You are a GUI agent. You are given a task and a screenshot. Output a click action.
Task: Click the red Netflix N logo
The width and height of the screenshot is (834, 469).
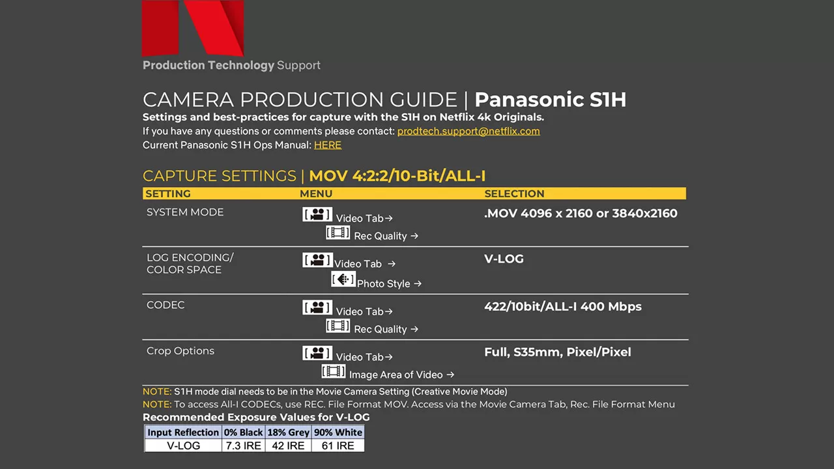(x=193, y=28)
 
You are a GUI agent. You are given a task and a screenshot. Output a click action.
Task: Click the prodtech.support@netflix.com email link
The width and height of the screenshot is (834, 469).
(x=468, y=132)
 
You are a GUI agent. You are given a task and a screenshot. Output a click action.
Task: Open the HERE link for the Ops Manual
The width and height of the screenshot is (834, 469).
(x=328, y=145)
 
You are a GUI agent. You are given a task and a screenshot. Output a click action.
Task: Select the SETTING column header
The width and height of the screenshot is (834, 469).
(x=168, y=193)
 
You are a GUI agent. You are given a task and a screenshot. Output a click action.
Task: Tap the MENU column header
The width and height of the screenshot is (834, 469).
(x=316, y=193)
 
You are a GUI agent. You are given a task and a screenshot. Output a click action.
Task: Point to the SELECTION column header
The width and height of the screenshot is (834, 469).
(x=514, y=193)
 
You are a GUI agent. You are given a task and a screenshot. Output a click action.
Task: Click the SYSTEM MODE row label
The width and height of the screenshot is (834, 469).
(x=185, y=212)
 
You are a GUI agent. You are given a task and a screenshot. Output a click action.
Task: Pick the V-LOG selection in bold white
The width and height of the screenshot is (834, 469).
(x=504, y=259)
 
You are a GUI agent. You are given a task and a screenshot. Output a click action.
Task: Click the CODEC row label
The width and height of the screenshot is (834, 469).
(x=165, y=305)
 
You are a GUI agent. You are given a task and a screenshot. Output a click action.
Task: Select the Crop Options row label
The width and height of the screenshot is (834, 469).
(x=180, y=351)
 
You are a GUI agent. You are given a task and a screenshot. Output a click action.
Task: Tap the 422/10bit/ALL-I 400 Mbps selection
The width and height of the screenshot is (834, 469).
(x=562, y=306)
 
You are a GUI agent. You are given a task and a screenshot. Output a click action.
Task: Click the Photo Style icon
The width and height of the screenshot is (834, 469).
(x=343, y=279)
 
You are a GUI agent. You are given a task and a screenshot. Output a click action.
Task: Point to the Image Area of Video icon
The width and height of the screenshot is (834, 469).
(x=334, y=371)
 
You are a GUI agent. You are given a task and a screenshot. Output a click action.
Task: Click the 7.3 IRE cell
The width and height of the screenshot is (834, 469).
(x=244, y=446)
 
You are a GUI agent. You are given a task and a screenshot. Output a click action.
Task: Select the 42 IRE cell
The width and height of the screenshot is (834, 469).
(x=288, y=446)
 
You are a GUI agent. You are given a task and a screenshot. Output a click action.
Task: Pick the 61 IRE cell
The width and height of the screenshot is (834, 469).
(x=338, y=446)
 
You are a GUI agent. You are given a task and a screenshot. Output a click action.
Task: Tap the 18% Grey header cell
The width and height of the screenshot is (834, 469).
(x=288, y=432)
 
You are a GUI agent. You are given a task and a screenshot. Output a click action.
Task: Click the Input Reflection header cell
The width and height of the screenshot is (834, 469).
(x=183, y=432)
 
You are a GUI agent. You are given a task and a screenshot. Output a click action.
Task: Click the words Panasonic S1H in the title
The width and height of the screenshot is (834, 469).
(x=551, y=100)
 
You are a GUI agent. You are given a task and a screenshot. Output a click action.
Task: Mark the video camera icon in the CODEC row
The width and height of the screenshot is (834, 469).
(x=317, y=307)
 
